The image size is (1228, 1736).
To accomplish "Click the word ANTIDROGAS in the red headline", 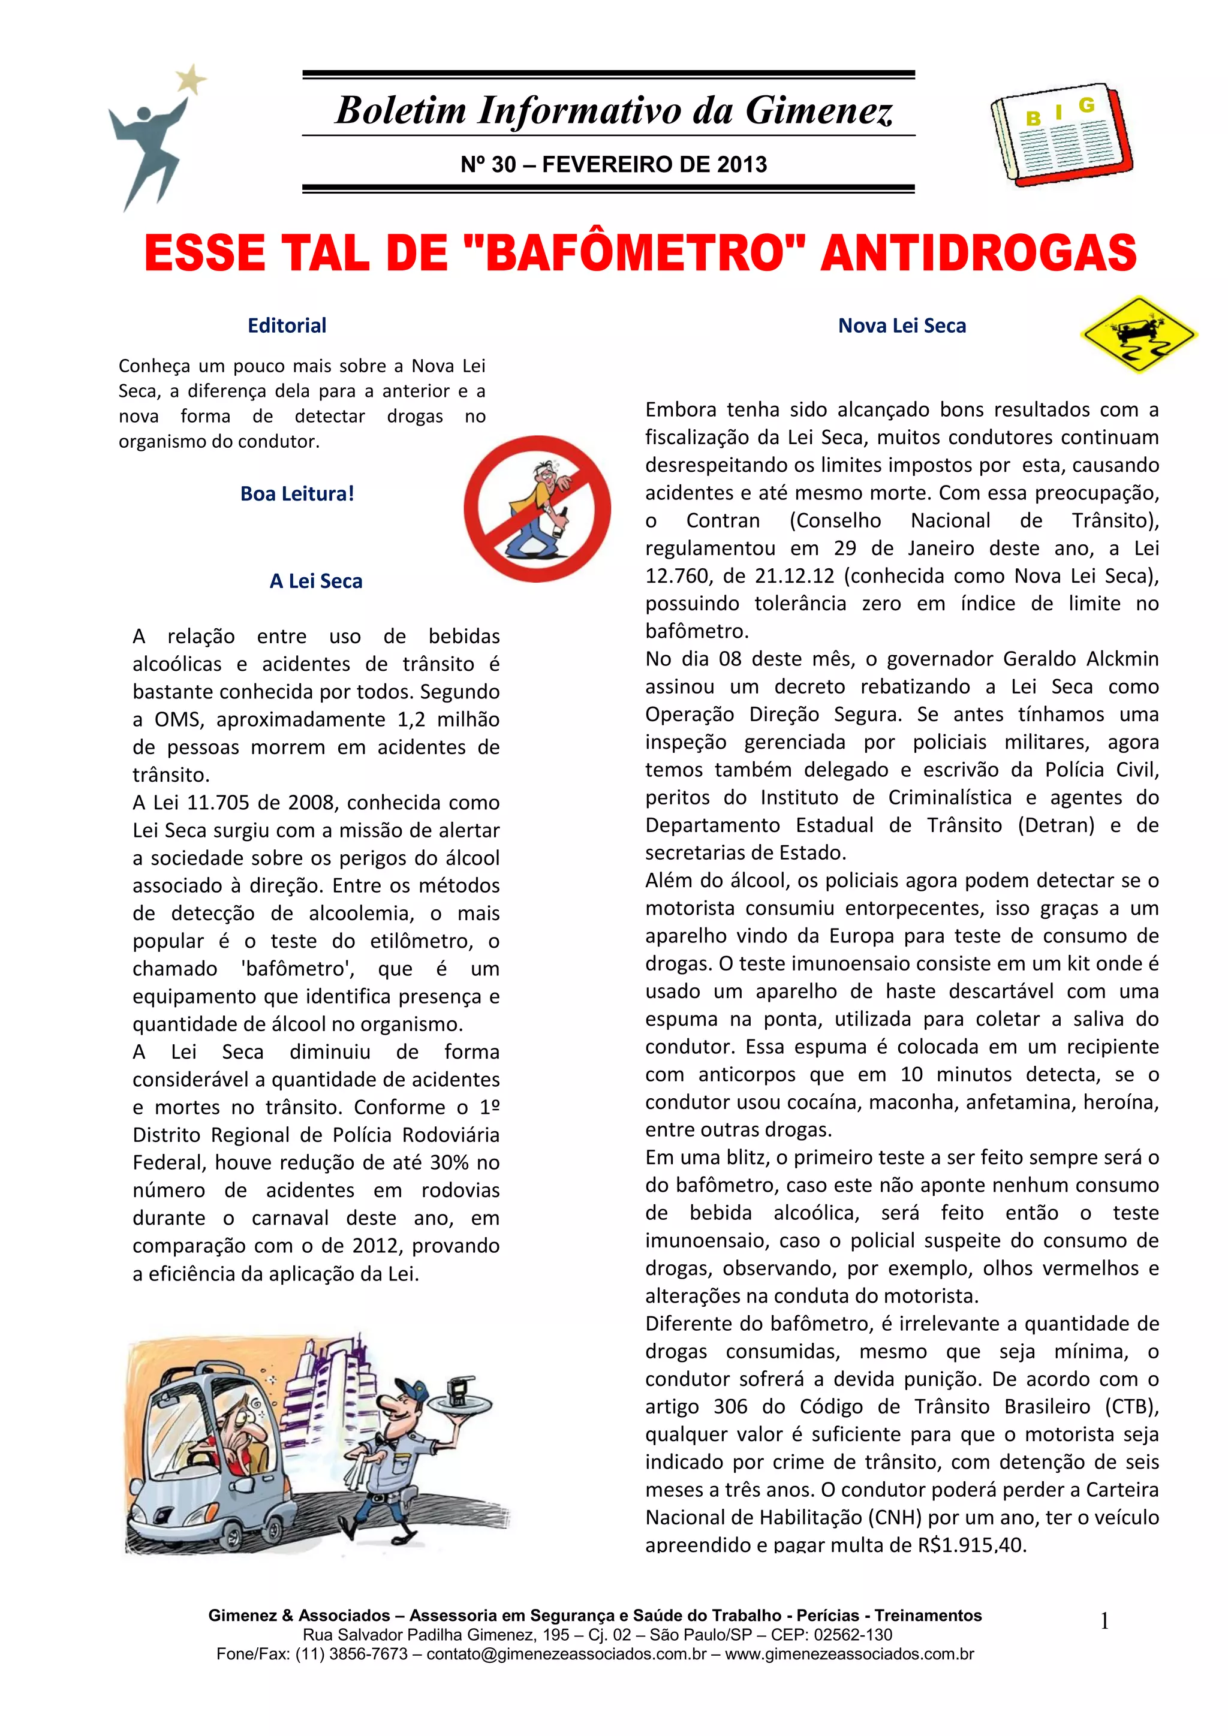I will click(979, 254).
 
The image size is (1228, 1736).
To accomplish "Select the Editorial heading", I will click(287, 326).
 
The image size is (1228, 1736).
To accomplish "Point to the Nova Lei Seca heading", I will click(901, 326).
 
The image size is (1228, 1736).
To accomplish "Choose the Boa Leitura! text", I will click(297, 494).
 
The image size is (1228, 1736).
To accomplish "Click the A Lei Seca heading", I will click(315, 581).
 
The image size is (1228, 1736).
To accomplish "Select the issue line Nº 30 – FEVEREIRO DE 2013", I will click(613, 164).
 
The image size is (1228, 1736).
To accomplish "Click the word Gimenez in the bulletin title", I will click(819, 110).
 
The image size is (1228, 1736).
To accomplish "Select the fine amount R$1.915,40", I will click(971, 1545).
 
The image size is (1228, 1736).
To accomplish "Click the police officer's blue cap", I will click(411, 1389).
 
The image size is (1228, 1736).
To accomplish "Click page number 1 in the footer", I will click(1104, 1621).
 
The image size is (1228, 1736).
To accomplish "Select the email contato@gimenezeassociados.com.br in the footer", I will click(565, 1654).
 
